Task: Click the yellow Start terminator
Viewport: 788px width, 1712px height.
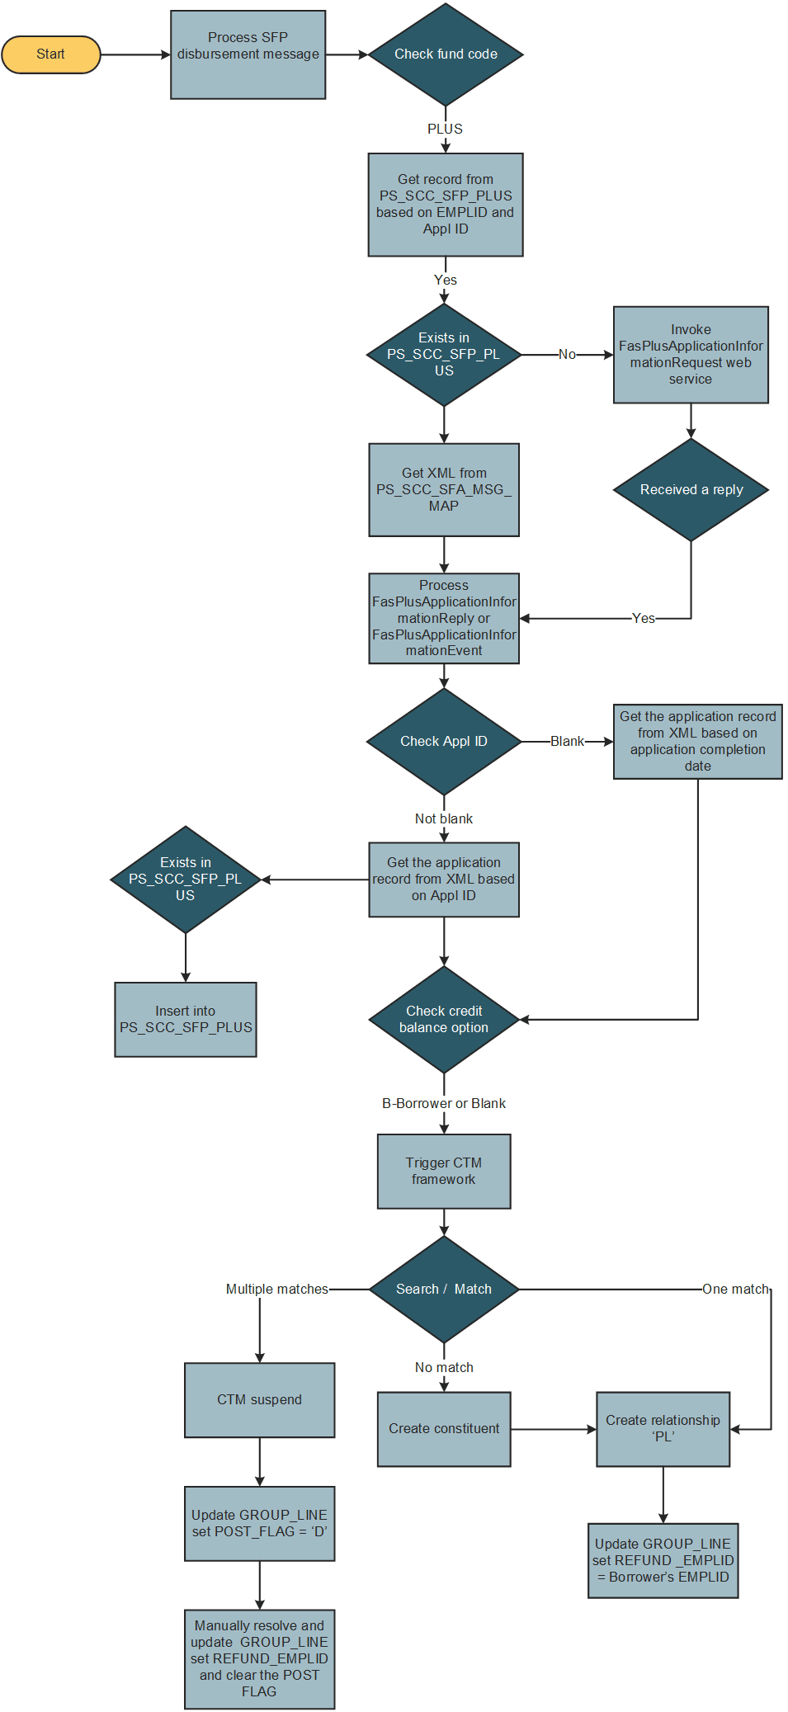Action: pyautogui.click(x=51, y=54)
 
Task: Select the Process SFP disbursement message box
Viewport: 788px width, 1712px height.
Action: pyautogui.click(x=248, y=54)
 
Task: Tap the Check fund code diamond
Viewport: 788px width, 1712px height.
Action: pyautogui.click(x=446, y=54)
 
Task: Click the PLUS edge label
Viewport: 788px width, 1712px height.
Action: pyautogui.click(x=445, y=129)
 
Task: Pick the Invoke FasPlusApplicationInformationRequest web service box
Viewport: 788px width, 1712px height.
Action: pyautogui.click(x=691, y=355)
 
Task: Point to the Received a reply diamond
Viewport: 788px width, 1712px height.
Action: pyautogui.click(x=691, y=489)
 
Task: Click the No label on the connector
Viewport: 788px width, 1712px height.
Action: pyautogui.click(x=567, y=355)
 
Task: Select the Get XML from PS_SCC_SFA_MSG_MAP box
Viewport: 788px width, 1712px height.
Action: pyautogui.click(x=444, y=489)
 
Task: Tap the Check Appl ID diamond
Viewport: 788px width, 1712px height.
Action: pyautogui.click(x=444, y=741)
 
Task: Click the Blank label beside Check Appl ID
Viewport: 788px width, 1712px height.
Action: pyautogui.click(x=567, y=741)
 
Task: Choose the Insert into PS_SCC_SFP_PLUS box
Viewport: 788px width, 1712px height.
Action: pyautogui.click(x=186, y=1019)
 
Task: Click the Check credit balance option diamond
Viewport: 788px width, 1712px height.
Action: pyautogui.click(x=444, y=1019)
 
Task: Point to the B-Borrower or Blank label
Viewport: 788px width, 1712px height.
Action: pyautogui.click(x=444, y=1103)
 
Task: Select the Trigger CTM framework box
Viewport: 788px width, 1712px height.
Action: pyautogui.click(x=444, y=1171)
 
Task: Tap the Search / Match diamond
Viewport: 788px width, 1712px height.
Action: pyautogui.click(x=444, y=1289)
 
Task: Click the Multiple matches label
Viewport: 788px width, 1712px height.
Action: pyautogui.click(x=277, y=1289)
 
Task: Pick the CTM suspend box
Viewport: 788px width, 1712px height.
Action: pyautogui.click(x=259, y=1399)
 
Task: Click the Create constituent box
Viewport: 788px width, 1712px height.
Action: pyautogui.click(x=444, y=1428)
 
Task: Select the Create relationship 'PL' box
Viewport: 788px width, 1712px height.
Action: pyautogui.click(x=663, y=1428)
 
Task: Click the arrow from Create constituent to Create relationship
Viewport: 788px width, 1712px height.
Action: pyautogui.click(x=553, y=1429)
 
